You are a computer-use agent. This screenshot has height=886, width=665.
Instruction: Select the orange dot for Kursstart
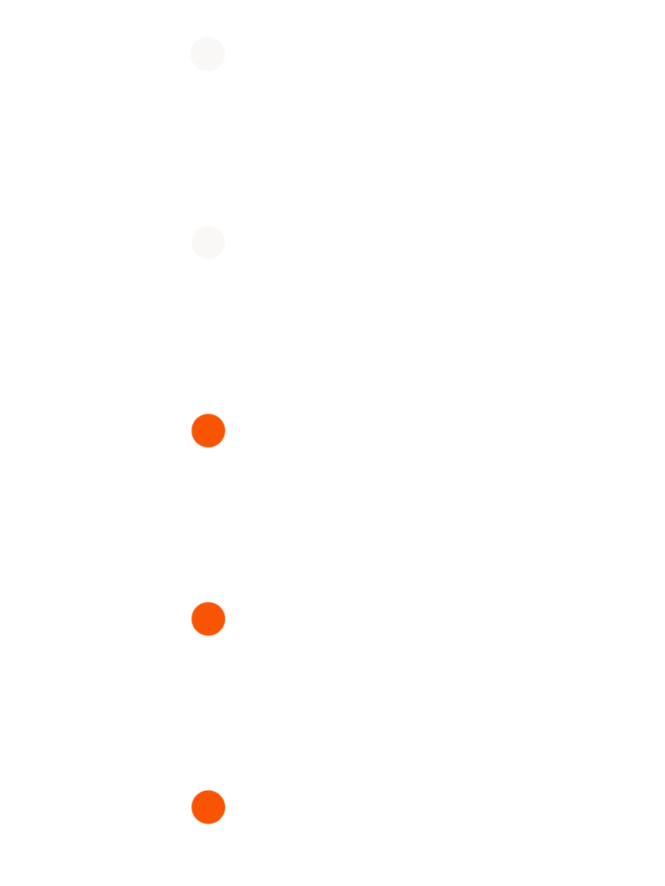tap(208, 430)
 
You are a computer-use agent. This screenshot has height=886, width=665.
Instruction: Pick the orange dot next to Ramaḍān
tap(208, 619)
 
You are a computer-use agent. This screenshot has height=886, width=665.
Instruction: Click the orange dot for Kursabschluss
tap(208, 807)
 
